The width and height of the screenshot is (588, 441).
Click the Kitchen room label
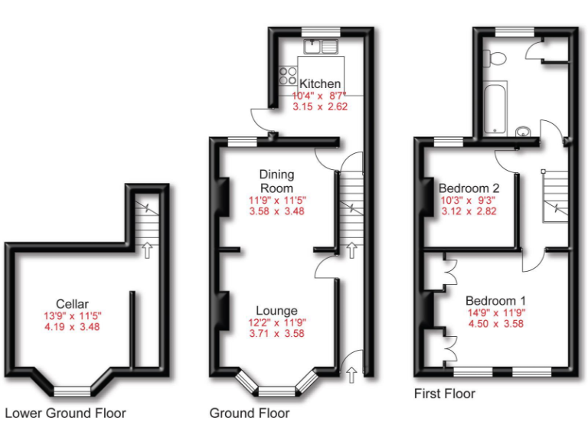[320, 83]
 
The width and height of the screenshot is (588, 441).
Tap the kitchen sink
[322, 47]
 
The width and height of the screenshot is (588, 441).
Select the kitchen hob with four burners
[289, 75]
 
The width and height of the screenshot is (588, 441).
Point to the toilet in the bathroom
[496, 57]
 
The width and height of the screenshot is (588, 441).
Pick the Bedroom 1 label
[495, 300]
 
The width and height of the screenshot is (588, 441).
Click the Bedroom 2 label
[469, 188]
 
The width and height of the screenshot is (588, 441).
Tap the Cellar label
[73, 302]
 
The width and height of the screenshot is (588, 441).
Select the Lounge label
[276, 310]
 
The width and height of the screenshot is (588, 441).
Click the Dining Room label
[276, 181]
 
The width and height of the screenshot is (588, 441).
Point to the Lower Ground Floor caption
[65, 413]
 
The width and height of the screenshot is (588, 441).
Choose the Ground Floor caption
[250, 413]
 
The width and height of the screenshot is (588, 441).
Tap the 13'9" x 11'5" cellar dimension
[73, 315]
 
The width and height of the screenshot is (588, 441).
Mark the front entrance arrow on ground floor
[351, 374]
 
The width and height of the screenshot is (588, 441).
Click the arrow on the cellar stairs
[146, 248]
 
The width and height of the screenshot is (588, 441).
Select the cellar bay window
[73, 390]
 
